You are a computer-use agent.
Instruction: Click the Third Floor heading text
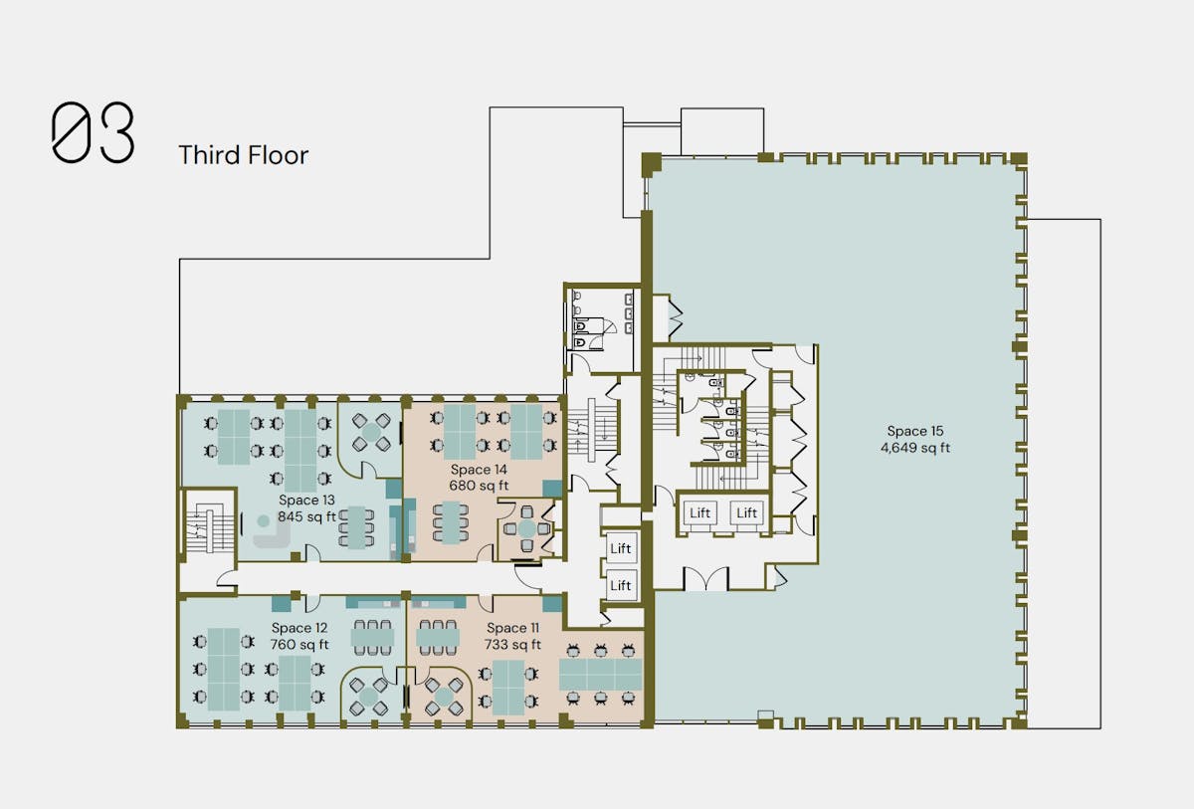[x=244, y=155]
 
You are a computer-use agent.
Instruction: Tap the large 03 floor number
[x=93, y=132]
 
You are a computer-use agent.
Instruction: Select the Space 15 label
[x=915, y=431]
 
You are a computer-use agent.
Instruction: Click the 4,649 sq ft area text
[x=915, y=448]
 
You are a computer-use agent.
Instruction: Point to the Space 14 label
[x=479, y=470]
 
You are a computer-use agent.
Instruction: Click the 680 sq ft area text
[x=479, y=486]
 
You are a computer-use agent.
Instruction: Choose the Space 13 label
[x=306, y=500]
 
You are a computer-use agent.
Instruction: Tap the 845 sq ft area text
[x=306, y=516]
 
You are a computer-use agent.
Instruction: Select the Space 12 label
[x=299, y=628]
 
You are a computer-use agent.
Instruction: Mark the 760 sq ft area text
[x=299, y=645]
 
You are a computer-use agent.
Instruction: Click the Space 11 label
[x=512, y=628]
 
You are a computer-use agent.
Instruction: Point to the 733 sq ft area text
[x=512, y=645]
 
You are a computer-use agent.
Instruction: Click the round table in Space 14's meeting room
[x=526, y=528]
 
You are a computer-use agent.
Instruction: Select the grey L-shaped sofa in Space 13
[x=272, y=534]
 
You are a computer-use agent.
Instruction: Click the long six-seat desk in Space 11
[x=600, y=675]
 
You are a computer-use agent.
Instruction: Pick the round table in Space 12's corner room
[x=368, y=696]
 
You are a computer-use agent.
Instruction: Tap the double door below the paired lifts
[x=705, y=579]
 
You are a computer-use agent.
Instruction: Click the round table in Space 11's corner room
[x=444, y=696]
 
